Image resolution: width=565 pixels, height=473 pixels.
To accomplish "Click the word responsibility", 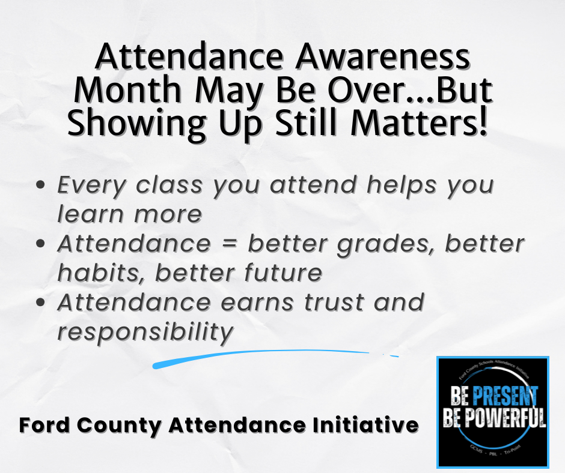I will coord(145,332).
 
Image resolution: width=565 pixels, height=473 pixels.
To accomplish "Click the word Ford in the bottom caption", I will coord(42,426).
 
